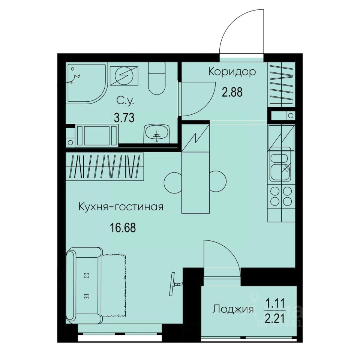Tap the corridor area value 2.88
[232, 92]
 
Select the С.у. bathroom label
[124, 100]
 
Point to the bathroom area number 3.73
[124, 118]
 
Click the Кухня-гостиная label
[121, 207]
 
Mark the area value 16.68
[123, 227]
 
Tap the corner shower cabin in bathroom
[85, 82]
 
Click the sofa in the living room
[84, 286]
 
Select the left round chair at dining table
[173, 182]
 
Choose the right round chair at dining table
[218, 182]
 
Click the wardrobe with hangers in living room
[105, 166]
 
